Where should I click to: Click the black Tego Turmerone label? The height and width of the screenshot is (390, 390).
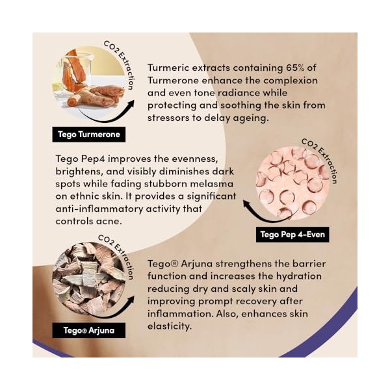pyautogui.click(x=89, y=135)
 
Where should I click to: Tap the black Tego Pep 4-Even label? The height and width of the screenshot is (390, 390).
pyautogui.click(x=292, y=235)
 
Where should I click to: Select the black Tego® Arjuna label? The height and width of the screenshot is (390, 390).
pyautogui.click(x=89, y=331)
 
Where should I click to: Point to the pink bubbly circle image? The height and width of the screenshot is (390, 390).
pyautogui.click(x=293, y=183)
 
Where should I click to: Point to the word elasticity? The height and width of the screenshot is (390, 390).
pyautogui.click(x=170, y=326)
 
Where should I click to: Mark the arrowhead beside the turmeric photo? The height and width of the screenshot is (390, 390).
pyautogui.click(x=131, y=104)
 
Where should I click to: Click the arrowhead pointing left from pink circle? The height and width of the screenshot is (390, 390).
pyautogui.click(x=247, y=204)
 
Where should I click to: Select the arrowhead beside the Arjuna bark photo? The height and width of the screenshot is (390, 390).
pyautogui.click(x=131, y=300)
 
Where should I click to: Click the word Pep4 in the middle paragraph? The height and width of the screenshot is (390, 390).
pyautogui.click(x=93, y=159)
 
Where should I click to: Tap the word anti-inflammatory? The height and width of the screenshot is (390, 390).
pyautogui.click(x=99, y=209)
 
